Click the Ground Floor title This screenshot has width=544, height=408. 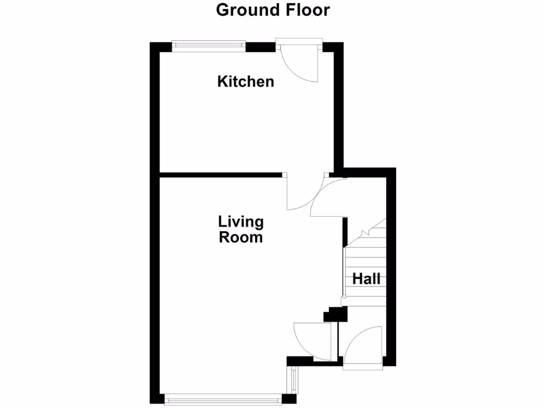(273, 10)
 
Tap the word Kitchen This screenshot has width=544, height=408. (246, 82)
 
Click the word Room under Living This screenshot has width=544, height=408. (241, 237)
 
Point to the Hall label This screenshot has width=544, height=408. (367, 278)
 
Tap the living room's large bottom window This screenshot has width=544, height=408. (223, 397)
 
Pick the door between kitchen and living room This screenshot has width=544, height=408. (299, 194)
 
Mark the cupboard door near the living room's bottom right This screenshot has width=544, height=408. (317, 339)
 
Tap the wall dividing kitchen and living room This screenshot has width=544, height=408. (220, 174)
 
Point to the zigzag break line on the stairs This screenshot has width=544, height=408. (365, 232)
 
